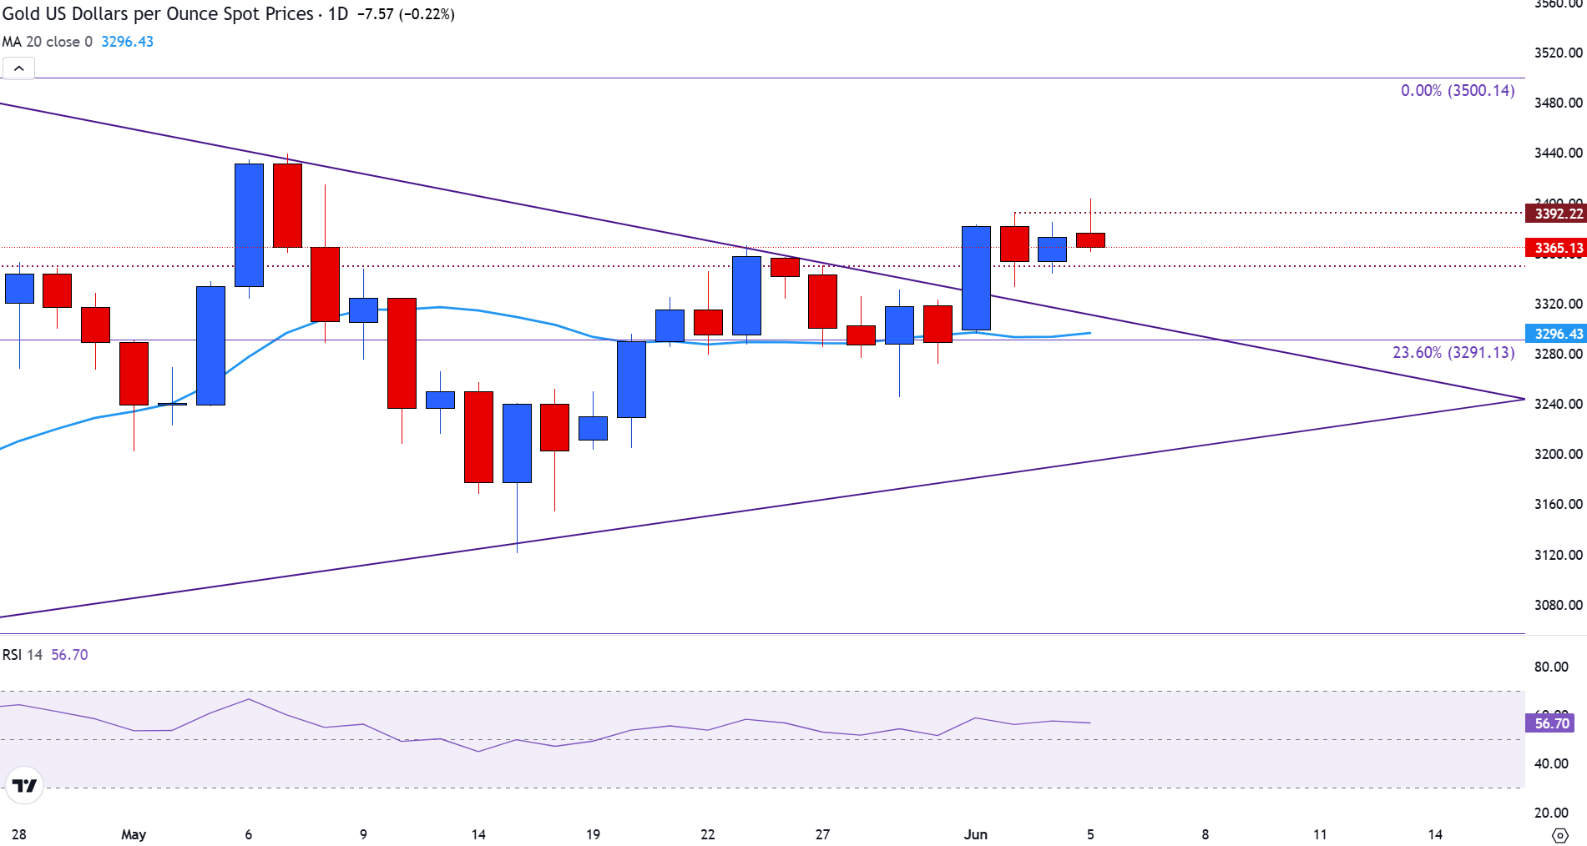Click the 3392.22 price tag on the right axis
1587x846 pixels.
[x=1558, y=214]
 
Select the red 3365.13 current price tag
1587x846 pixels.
[x=1558, y=248]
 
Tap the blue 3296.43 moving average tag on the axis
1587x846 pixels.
[x=1558, y=334]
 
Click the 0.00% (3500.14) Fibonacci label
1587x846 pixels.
[x=1457, y=90]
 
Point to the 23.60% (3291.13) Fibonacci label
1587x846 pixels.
[x=1453, y=352]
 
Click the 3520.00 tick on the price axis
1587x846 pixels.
[x=1558, y=53]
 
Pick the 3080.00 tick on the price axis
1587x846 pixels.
[x=1558, y=605]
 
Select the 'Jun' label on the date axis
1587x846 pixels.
[x=975, y=834]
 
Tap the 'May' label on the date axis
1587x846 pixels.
[x=134, y=834]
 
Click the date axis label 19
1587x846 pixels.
[x=593, y=834]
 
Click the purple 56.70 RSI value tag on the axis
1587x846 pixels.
[x=1551, y=723]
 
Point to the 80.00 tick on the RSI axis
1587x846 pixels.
[x=1551, y=667]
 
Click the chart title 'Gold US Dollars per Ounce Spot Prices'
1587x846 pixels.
[x=158, y=14]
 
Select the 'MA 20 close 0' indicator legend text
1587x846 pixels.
[x=47, y=42]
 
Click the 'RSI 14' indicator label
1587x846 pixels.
[x=22, y=655]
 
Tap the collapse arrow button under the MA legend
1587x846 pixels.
[x=19, y=68]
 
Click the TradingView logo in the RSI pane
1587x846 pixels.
[x=24, y=785]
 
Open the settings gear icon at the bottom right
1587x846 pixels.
[x=1559, y=835]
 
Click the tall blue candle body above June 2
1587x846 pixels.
[x=976, y=278]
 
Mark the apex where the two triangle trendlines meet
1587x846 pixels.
[x=1524, y=400]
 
